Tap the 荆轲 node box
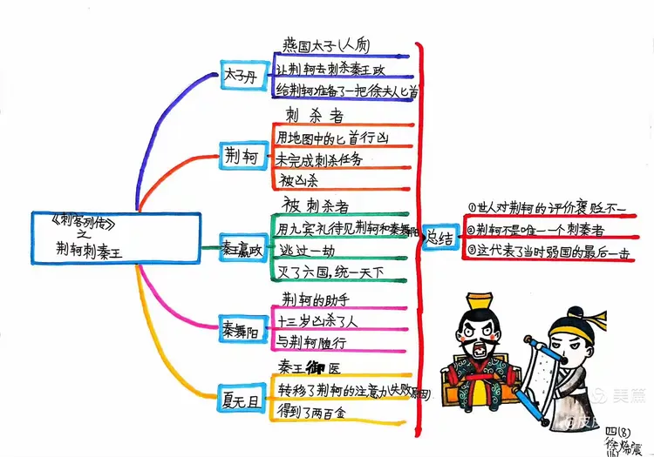[237, 157]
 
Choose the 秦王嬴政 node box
[240, 250]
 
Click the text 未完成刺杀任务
[318, 159]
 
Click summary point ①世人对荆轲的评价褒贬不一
[548, 207]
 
